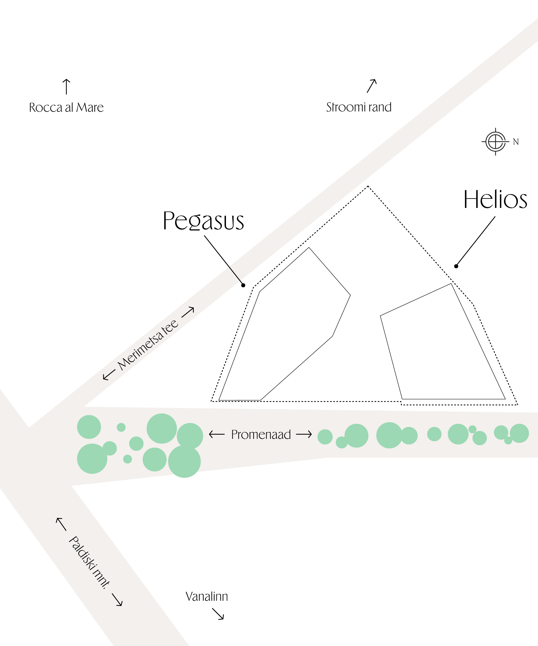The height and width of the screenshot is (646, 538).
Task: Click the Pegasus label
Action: coord(203,221)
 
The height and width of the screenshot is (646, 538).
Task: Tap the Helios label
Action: coord(495,200)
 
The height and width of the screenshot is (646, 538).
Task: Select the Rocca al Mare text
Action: coord(66,108)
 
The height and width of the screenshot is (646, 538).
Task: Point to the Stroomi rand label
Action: coord(359,107)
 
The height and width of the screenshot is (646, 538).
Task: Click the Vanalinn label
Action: coord(207,597)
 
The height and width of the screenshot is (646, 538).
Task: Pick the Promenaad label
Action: coord(261,435)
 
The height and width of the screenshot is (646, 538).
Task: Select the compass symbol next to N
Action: coord(495,142)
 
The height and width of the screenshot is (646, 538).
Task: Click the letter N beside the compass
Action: coord(516,142)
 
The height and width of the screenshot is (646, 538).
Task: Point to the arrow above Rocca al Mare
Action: coord(66,87)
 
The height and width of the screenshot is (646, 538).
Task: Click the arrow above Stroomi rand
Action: coord(372,86)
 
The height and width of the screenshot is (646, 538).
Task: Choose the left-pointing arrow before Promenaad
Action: coord(217,434)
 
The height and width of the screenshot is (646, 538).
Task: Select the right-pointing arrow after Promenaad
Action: coord(304,434)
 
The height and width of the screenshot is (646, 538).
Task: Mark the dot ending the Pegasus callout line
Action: coord(243,285)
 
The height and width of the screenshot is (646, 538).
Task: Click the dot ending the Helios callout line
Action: coord(456,266)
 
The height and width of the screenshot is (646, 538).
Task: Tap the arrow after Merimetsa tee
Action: coord(188,312)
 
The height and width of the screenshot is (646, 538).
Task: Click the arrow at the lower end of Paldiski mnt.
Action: coord(117,600)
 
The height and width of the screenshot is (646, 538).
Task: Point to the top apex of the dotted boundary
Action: coord(368,186)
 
